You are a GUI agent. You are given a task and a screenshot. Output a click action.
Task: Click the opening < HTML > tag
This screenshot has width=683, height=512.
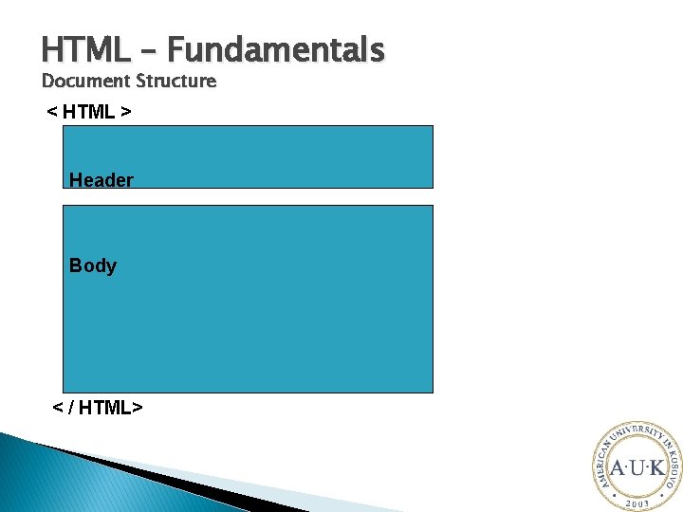tap(89, 113)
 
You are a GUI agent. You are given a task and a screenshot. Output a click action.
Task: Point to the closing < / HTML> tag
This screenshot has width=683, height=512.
tap(97, 408)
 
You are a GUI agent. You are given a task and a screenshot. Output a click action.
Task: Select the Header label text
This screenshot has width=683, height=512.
tap(102, 180)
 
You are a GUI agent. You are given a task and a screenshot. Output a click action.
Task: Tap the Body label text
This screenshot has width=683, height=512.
tap(93, 265)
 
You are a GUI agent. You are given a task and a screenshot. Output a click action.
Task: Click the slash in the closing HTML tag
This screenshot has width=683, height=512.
tap(70, 408)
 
